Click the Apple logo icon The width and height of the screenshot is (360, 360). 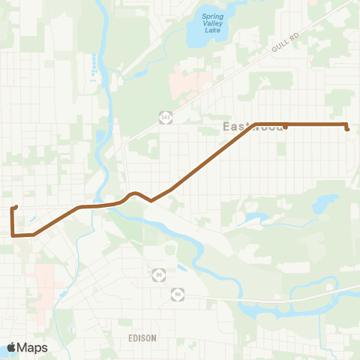(12, 347)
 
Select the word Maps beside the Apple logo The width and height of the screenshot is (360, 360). (33, 347)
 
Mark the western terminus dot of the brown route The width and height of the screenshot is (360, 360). (16, 207)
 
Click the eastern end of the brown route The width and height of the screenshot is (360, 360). (347, 129)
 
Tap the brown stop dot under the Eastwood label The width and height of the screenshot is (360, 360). (286, 127)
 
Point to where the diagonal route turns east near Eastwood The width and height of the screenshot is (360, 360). (256, 124)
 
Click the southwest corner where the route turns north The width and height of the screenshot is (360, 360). (13, 235)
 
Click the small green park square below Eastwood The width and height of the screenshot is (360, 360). (281, 149)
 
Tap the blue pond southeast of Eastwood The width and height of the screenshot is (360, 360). (326, 202)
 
